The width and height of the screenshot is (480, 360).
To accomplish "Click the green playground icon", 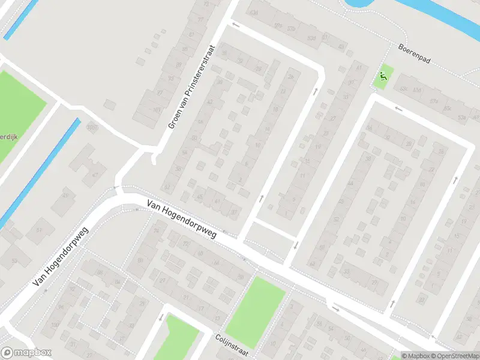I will point(382,76).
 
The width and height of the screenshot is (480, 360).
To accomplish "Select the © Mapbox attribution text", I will point(416,356).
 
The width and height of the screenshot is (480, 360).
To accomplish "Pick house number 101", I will point(156,110).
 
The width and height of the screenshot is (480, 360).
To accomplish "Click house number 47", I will point(95,174).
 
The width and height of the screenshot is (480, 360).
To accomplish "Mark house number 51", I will point(40,230).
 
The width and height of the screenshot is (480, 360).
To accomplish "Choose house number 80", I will point(140,260).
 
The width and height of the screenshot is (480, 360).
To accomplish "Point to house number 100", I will point(55,325).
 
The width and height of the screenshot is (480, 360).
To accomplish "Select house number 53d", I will point(310,38).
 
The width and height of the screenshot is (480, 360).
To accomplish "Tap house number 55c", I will point(404,89).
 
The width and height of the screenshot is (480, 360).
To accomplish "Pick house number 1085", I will point(92,127).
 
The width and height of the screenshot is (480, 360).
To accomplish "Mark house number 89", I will point(178,65).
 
